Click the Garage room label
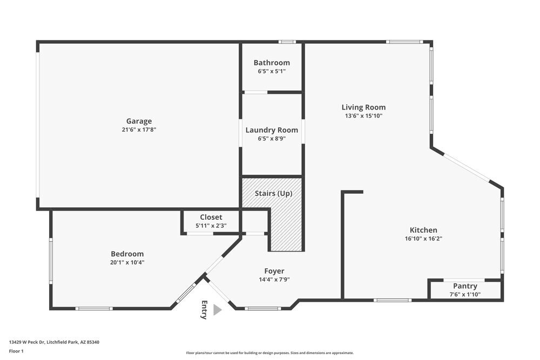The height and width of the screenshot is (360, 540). [x=139, y=121]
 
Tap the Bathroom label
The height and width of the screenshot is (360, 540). [x=272, y=63]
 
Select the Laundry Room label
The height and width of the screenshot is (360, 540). [x=272, y=130]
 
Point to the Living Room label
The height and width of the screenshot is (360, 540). [x=363, y=107]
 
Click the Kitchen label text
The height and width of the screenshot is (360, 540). [x=423, y=230]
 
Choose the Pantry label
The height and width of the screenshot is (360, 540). [x=465, y=286]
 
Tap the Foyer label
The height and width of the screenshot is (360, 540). [x=274, y=271]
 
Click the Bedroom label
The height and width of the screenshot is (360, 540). [x=127, y=254]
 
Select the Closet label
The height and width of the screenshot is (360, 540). [x=211, y=217]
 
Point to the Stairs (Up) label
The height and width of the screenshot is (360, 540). [x=274, y=193]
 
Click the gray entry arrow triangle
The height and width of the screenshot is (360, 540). [x=217, y=310]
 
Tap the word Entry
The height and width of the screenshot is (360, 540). [x=204, y=310]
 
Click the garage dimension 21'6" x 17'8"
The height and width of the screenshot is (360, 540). [x=139, y=130]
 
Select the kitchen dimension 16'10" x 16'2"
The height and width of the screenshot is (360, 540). [x=423, y=239]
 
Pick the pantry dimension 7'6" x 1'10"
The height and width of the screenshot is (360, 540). [x=465, y=295]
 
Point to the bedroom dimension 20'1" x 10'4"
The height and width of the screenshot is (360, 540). [x=127, y=262]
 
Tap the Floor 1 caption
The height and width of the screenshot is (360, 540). [x=16, y=351]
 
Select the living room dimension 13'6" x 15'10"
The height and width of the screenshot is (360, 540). [x=363, y=116]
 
